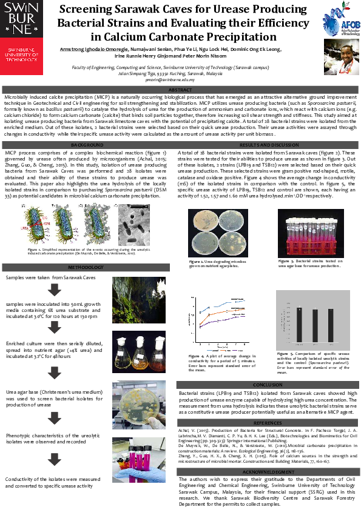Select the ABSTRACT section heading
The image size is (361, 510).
point(180,90)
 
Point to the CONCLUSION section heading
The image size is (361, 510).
point(267,384)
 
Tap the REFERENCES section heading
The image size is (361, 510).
point(267,422)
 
